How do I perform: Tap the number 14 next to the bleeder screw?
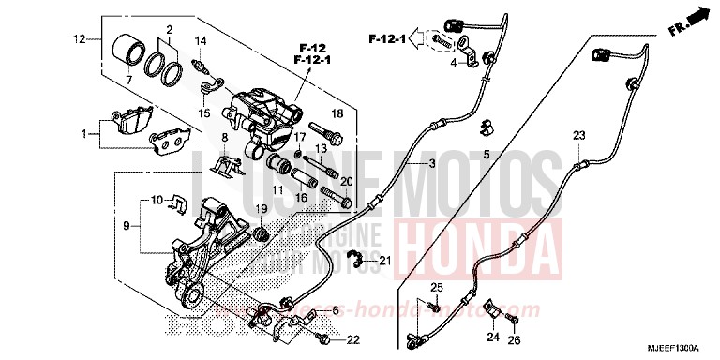(x=200, y=41)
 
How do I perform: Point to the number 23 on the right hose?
(x=579, y=136)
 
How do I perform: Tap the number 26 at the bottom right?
(x=513, y=340)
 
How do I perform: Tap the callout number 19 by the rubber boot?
(x=262, y=208)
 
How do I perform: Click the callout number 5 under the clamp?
(x=486, y=153)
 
